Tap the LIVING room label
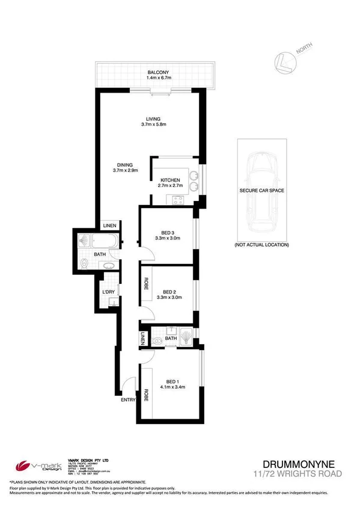tap(153, 118)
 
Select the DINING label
tap(126, 164)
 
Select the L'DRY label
tap(109, 292)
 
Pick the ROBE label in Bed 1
tap(145, 397)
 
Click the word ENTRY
tap(128, 399)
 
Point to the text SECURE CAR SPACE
tap(261, 190)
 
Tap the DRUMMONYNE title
tap(302, 464)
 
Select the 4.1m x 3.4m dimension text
tap(172, 387)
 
